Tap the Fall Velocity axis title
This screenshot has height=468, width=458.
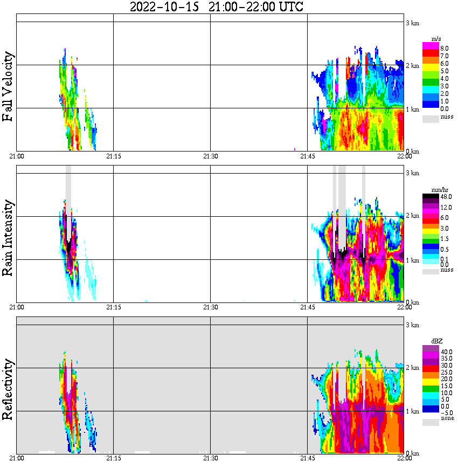pyautogui.click(x=8, y=87)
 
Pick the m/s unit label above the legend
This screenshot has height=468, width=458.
pyautogui.click(x=436, y=40)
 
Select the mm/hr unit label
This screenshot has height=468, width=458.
pyautogui.click(x=438, y=190)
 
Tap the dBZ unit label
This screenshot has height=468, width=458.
pyautogui.click(x=437, y=341)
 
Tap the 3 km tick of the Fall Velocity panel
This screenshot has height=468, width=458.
pyautogui.click(x=412, y=23)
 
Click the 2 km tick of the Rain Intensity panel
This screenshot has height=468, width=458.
pyautogui.click(x=412, y=216)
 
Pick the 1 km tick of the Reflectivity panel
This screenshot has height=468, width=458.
pyautogui.click(x=412, y=411)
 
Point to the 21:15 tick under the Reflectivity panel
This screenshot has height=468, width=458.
pyautogui.click(x=113, y=458)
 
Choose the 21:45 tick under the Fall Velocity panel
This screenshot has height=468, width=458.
pyautogui.click(x=307, y=156)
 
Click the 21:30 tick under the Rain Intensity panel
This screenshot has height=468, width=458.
pyautogui.click(x=210, y=307)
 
